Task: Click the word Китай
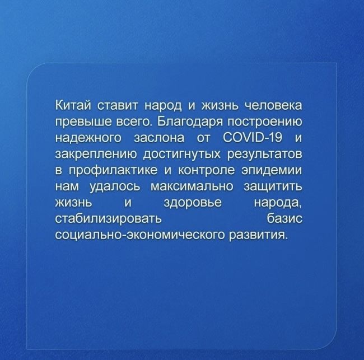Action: coord(72,105)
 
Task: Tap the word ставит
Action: coord(118,106)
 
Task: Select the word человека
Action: coord(274,106)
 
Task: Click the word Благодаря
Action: coord(190,121)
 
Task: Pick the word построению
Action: coord(265,122)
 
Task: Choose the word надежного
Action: coord(88,138)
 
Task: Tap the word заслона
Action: coord(159,138)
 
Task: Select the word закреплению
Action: coord(96,155)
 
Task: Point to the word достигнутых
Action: coord(182,155)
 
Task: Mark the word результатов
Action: coord(265,155)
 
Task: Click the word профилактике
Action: coord(113,171)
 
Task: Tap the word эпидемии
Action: coord(272,171)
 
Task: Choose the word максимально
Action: coord(192,186)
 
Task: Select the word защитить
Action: coord(273,186)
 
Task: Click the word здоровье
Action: coord(193,203)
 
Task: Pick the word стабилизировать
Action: coord(108,219)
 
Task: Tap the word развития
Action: coord(258,235)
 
